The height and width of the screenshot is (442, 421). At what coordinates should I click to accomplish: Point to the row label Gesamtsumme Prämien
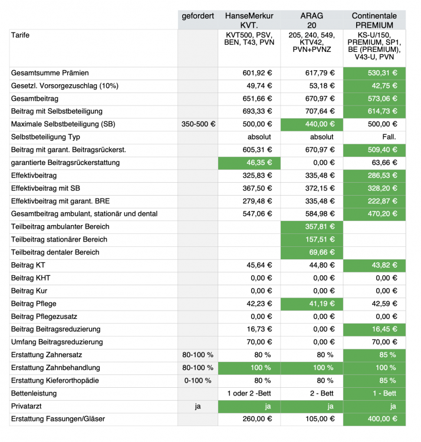coord(50,73)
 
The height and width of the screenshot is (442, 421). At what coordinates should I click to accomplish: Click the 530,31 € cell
coord(374,73)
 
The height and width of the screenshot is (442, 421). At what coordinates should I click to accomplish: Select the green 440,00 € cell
coord(311,124)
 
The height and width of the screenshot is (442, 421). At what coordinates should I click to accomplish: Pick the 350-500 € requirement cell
coord(199,124)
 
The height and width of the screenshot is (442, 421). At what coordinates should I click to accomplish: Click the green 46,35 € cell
coord(249,163)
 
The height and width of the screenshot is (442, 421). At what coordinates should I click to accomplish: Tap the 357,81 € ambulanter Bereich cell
coord(311,227)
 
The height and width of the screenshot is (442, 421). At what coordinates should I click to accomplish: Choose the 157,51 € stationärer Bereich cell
coord(311,239)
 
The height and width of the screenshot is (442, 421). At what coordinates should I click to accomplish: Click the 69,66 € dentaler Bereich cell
coord(311,252)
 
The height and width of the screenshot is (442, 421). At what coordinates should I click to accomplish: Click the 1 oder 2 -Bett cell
coord(250,393)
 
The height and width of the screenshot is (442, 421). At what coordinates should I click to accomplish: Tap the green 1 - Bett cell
coord(374,393)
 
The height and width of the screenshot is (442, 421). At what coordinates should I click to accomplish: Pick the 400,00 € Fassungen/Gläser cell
coord(374,419)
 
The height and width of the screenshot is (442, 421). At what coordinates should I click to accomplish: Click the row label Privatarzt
coord(26,406)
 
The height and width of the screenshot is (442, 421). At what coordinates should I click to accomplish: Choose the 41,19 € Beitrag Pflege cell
coord(311,304)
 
